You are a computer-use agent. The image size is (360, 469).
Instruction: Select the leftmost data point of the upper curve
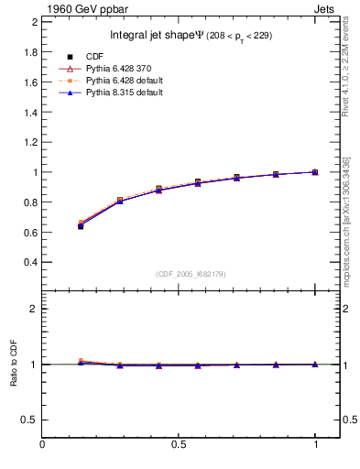81,224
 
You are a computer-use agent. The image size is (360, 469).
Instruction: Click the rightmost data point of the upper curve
314,172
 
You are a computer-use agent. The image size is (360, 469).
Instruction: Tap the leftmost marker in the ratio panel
81,362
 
